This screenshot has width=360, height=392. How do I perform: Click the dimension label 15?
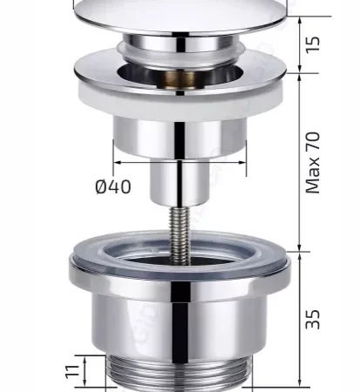(x=313, y=44)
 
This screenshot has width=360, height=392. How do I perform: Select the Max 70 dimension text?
(x=313, y=163)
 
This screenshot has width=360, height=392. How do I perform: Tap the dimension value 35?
(x=313, y=319)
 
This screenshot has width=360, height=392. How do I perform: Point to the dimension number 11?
(x=72, y=371)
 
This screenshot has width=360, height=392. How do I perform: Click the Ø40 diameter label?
(x=113, y=186)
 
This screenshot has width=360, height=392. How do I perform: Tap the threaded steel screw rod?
(x=180, y=235)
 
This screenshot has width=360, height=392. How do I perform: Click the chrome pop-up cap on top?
(x=180, y=16)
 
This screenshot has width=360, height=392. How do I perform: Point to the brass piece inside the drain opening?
(x=180, y=79)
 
